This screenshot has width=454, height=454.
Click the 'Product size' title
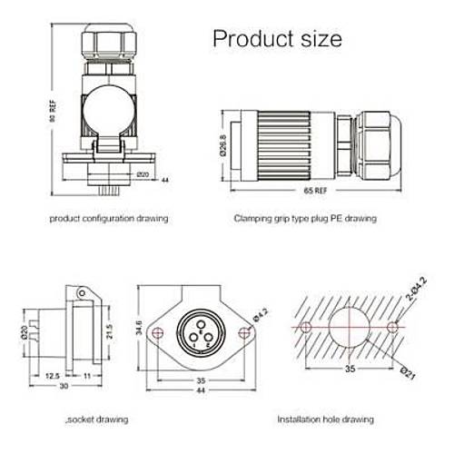pos(277,39)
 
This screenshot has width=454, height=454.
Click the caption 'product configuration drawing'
pos(108,219)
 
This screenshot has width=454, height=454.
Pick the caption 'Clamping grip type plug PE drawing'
pos(304,219)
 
